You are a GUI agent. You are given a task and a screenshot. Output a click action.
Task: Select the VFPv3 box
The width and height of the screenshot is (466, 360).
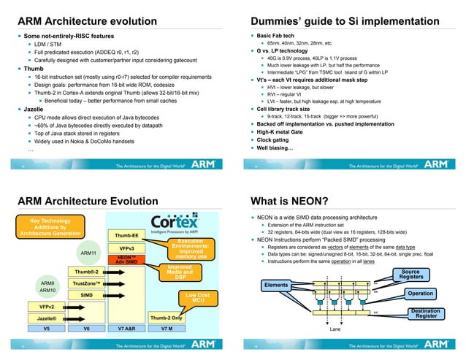(126, 248)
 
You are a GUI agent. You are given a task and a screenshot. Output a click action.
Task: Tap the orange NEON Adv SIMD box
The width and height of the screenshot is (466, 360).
(126, 260)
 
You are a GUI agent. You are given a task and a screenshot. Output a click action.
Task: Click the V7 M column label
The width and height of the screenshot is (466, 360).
(166, 329)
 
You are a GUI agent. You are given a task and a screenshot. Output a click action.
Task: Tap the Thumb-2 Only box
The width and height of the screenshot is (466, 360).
(166, 318)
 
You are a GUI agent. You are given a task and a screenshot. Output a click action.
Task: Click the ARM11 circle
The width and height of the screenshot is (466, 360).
(88, 254)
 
